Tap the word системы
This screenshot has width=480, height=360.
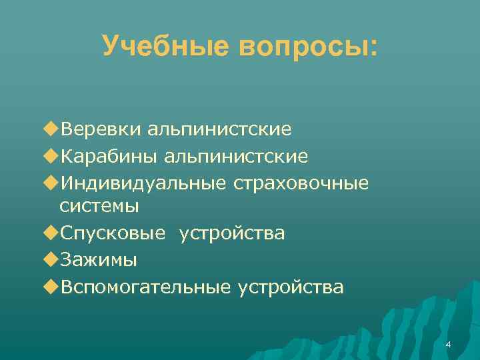pyautogui.click(x=99, y=206)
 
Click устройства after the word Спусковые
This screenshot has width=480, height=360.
pyautogui.click(x=231, y=234)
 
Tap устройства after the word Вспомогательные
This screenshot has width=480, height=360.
pyautogui.click(x=291, y=287)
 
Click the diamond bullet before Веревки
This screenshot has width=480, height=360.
pyautogui.click(x=52, y=128)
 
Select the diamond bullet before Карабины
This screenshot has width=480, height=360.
pyautogui.click(x=52, y=156)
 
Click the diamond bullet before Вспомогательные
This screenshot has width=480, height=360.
pyautogui.click(x=52, y=287)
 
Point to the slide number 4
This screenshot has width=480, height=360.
pyautogui.click(x=448, y=345)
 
